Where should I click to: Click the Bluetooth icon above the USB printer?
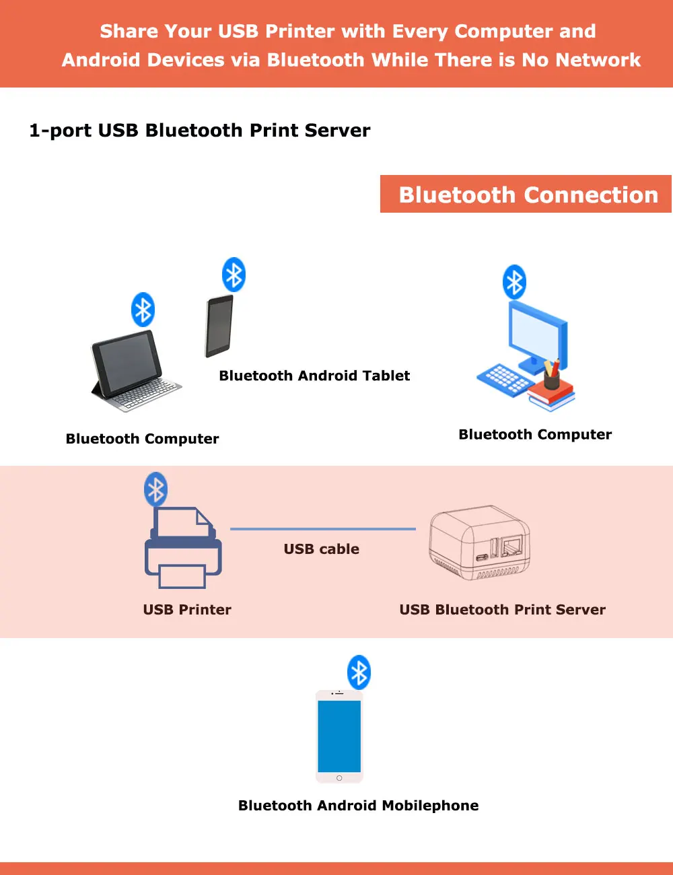click(x=156, y=489)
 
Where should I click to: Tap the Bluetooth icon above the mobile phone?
click(x=359, y=672)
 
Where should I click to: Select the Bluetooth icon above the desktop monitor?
click(x=514, y=282)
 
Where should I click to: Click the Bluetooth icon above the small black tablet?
click(x=234, y=275)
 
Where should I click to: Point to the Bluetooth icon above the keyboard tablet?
click(x=143, y=310)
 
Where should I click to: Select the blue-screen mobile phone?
click(x=339, y=736)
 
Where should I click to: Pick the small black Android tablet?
click(x=219, y=326)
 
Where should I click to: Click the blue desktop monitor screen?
click(x=534, y=334)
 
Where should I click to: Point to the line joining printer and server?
click(x=323, y=529)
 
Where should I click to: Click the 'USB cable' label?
click(x=322, y=549)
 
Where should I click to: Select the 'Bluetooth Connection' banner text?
click(x=528, y=195)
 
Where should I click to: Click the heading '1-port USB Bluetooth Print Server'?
click(x=200, y=131)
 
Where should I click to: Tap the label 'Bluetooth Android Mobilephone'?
click(x=359, y=806)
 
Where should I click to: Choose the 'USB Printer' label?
click(x=187, y=610)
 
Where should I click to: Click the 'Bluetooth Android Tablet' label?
click(x=314, y=376)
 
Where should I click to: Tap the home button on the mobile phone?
click(x=339, y=778)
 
